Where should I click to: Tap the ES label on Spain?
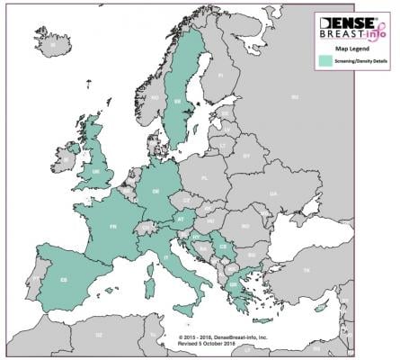(x=64, y=280)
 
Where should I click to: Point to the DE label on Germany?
(x=156, y=192)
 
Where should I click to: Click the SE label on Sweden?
(x=176, y=102)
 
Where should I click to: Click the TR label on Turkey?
(x=306, y=270)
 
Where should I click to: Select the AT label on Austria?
(x=180, y=219)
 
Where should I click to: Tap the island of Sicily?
(x=186, y=309)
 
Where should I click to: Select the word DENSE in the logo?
(x=344, y=18)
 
